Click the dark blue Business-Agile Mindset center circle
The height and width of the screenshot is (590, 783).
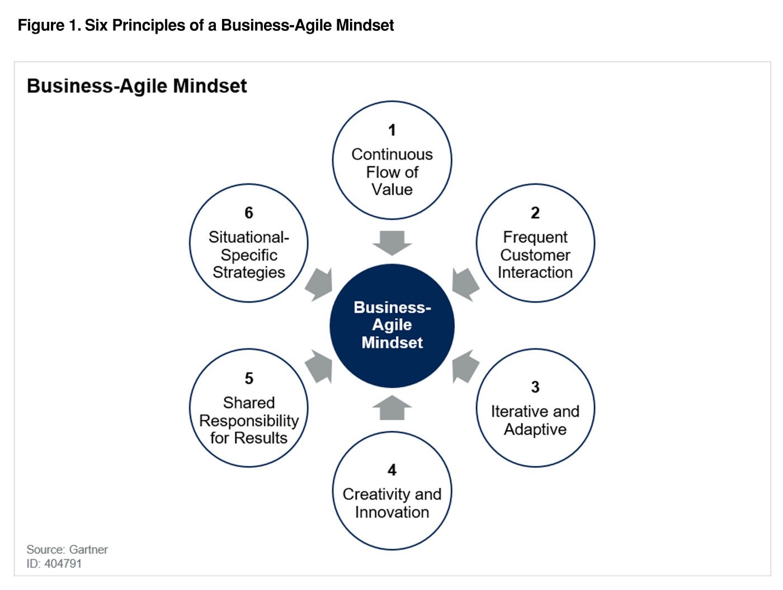[x=391, y=325]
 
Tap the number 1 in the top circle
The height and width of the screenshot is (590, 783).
[x=392, y=130]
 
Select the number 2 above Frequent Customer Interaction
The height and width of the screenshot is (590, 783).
[x=535, y=213]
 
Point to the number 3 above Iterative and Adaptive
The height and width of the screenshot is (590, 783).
[x=535, y=387]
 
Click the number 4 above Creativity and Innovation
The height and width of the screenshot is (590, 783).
[x=392, y=470]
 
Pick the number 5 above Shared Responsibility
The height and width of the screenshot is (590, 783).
[x=249, y=379]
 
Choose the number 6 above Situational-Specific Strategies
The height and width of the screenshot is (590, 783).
[x=249, y=213]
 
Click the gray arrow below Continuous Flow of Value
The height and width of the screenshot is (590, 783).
[x=392, y=242]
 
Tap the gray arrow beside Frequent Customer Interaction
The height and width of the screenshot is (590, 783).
[x=465, y=282]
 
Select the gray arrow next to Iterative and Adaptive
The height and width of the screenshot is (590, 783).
[x=465, y=367]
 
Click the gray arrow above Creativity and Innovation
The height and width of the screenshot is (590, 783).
[x=392, y=408]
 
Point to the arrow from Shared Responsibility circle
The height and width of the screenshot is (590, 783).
[x=319, y=367]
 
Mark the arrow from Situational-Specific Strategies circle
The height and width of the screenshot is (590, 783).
[x=320, y=284]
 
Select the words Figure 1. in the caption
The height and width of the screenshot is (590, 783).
[x=49, y=26]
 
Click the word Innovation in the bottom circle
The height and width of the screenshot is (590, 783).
[x=392, y=512]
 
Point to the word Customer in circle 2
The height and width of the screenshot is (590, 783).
[x=535, y=255]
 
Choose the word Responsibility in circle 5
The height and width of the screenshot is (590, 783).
[x=249, y=421]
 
